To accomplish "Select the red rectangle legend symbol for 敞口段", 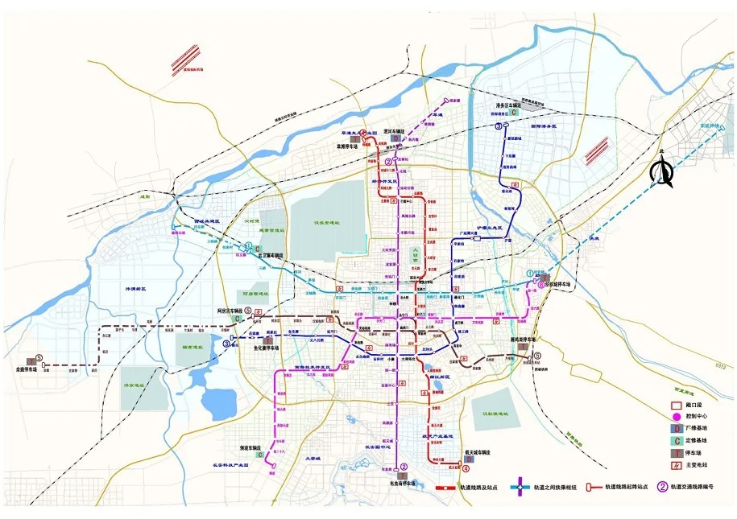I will [677, 404].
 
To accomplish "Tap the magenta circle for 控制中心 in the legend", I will [677, 416].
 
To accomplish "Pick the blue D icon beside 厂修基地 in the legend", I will [677, 429].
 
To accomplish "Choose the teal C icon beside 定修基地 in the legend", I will [677, 441].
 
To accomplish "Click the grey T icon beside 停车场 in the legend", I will [677, 453].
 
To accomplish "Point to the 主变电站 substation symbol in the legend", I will [677, 466].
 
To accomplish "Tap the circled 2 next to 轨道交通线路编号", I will [664, 486].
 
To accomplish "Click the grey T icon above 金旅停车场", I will [37, 359].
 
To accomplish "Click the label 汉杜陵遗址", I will [493, 414].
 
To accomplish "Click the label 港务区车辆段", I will [509, 105].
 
